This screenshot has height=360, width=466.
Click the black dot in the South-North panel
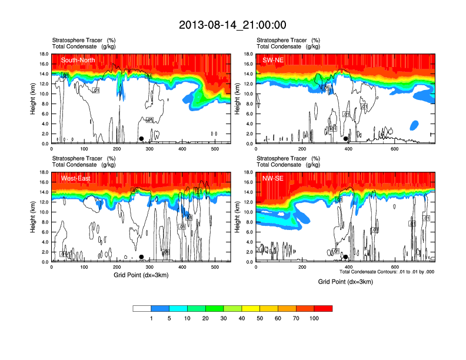click(141, 139)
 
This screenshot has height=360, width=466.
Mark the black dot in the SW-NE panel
click(346, 139)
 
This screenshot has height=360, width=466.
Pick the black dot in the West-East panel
click(141, 257)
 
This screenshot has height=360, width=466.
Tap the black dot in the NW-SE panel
click(346, 257)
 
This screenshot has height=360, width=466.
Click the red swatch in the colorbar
click(323, 308)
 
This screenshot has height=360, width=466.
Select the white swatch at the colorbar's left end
click(142, 308)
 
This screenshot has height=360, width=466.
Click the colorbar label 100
click(314, 318)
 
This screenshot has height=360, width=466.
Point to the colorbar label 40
click(242, 318)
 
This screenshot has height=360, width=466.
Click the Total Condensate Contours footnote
click(387, 272)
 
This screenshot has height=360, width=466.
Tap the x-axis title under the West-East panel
click(139, 275)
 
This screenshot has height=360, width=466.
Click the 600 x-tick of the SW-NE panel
click(394, 149)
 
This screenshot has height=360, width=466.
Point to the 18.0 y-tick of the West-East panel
click(44, 172)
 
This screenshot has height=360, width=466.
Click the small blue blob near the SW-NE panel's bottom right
click(414, 125)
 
